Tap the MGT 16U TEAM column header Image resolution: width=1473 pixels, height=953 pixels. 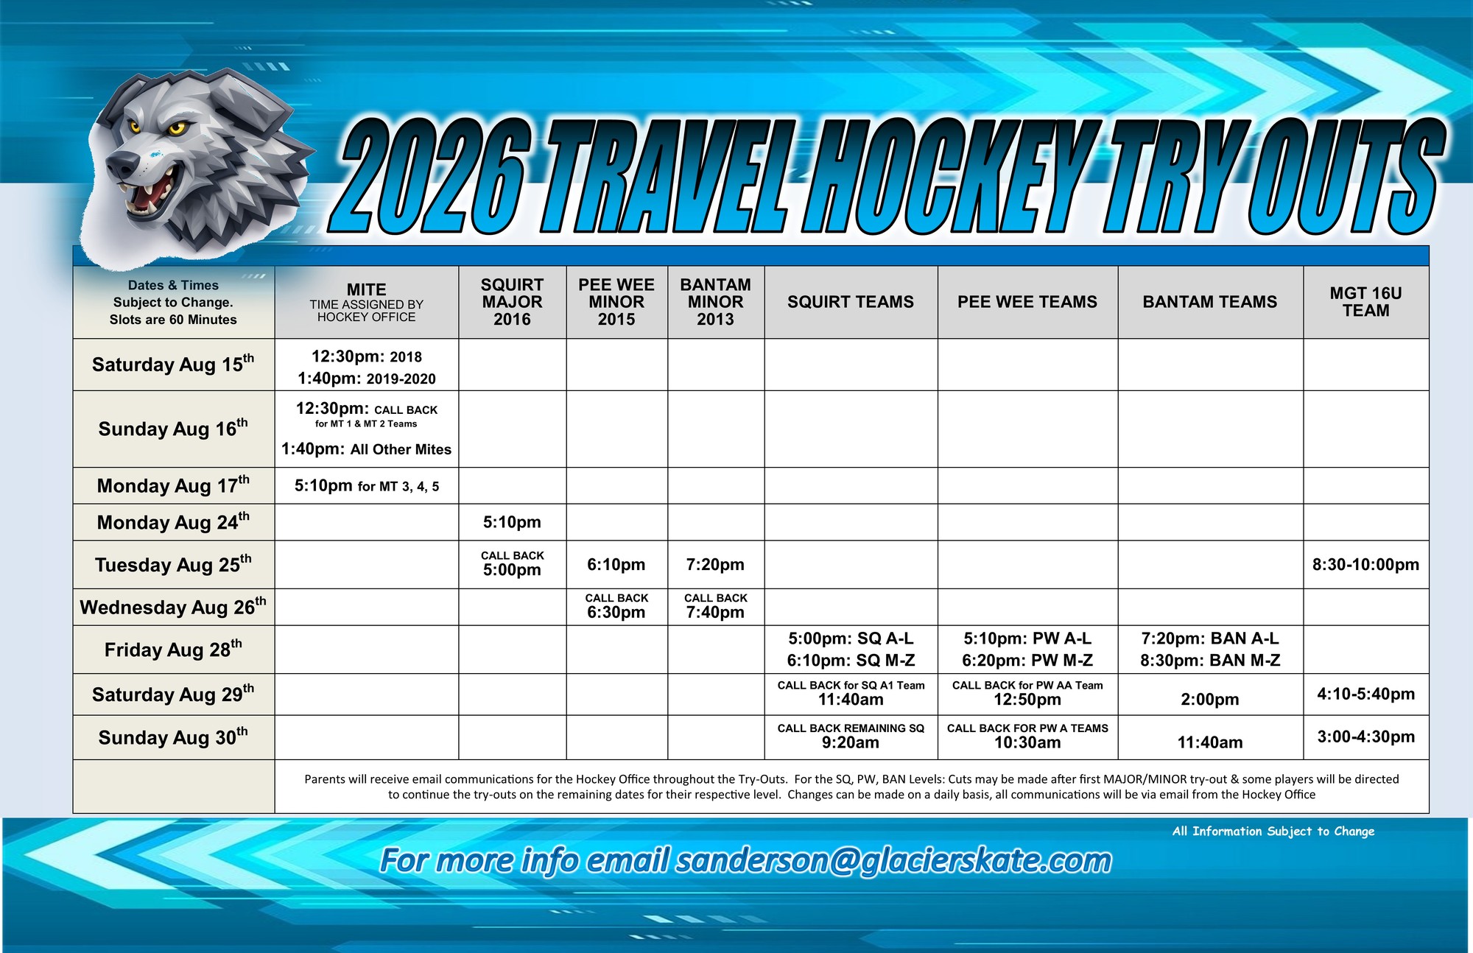point(1365,302)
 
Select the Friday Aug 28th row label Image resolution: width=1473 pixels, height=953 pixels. point(173,649)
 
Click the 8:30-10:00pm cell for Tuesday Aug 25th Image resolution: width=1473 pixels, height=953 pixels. point(1365,564)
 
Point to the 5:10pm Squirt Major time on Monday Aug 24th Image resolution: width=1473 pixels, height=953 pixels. point(512,522)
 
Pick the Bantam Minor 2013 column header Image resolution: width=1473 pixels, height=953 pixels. point(715,302)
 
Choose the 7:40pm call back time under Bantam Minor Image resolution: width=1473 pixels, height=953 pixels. point(715,612)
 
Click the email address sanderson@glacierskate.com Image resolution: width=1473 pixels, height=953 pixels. point(893,860)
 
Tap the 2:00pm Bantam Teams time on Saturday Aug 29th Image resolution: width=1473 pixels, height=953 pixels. point(1209,699)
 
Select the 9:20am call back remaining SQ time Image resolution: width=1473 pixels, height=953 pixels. point(851,742)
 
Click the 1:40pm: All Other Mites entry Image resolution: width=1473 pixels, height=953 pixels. point(366,449)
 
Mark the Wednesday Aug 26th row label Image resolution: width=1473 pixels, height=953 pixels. point(173,607)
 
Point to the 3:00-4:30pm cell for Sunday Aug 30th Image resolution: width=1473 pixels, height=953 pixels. point(1365,736)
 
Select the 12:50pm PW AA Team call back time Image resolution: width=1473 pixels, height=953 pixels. point(1027,699)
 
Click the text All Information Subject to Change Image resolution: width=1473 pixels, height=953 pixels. point(1273,831)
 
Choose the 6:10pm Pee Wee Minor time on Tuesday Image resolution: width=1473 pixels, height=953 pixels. point(616,564)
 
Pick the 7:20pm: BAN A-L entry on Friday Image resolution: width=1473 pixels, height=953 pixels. point(1209,639)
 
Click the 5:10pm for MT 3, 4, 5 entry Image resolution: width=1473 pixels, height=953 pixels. point(366,486)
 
